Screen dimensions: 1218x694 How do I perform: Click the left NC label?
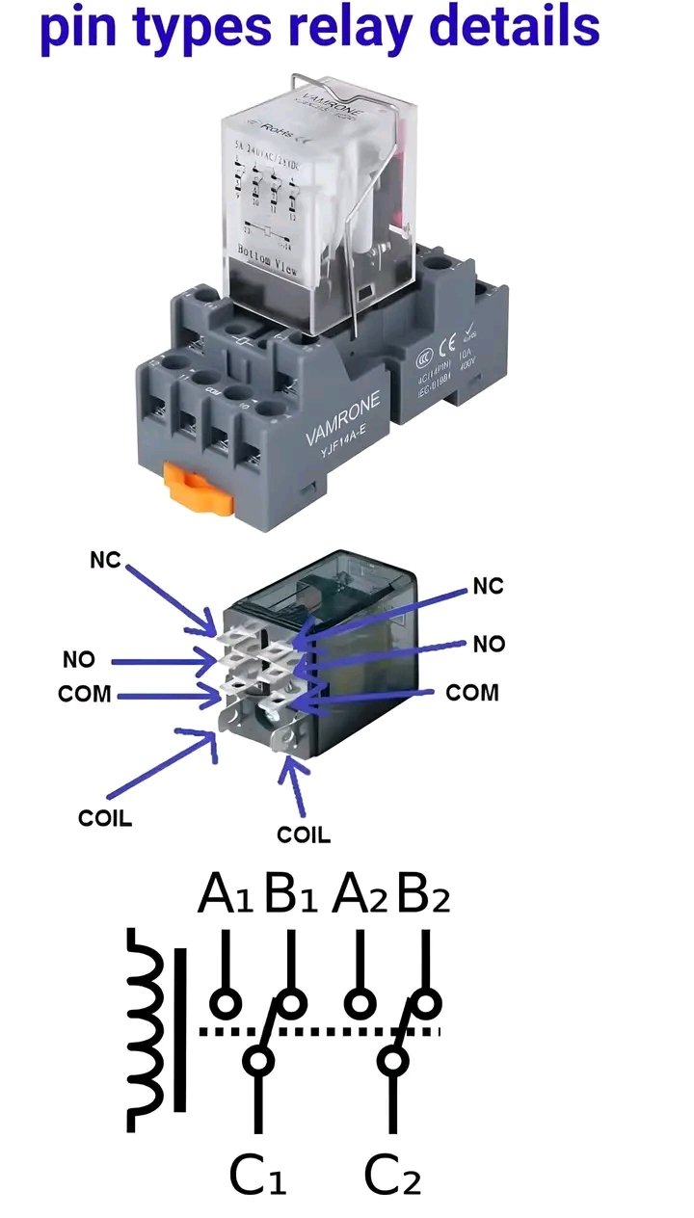(x=106, y=560)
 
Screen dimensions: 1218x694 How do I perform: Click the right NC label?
(x=488, y=586)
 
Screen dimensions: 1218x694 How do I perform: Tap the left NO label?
(x=80, y=661)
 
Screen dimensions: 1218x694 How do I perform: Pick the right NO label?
(x=490, y=644)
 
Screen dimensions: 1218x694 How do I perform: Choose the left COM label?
(x=86, y=694)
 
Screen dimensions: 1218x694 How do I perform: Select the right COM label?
(x=472, y=692)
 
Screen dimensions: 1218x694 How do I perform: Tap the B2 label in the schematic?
(x=423, y=895)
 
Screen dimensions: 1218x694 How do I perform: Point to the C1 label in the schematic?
(x=257, y=1175)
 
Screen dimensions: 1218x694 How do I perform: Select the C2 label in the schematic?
(x=392, y=1175)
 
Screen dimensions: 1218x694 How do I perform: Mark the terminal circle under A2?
(x=360, y=1004)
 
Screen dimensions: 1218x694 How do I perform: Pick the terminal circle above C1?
(x=258, y=1061)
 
